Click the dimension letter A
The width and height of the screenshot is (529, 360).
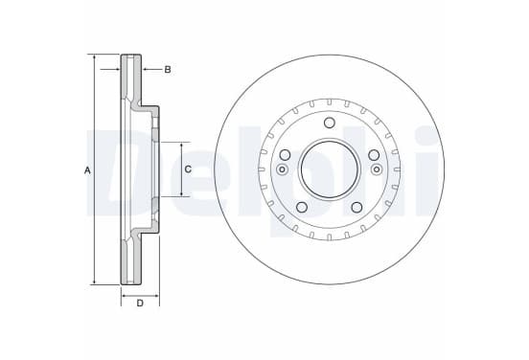coord(87,170)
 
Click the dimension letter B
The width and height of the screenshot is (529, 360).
coord(168,70)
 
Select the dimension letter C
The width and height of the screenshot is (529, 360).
coord(188,169)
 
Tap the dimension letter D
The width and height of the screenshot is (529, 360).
coord(140,304)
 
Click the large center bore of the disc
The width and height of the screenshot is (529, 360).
coord(330,169)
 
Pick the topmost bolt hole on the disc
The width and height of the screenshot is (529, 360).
coord(330,123)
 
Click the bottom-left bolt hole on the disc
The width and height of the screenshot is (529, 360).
coord(302,207)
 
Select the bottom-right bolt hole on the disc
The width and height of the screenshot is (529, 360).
coord(357,207)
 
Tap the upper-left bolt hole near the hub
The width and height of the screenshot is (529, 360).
coord(285,155)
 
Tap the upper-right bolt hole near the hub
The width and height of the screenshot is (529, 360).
coord(374,155)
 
